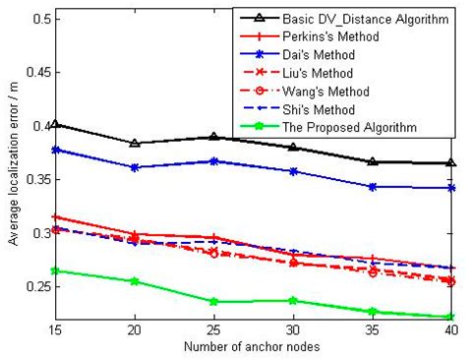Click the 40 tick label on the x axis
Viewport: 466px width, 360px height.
[x=451, y=330]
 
